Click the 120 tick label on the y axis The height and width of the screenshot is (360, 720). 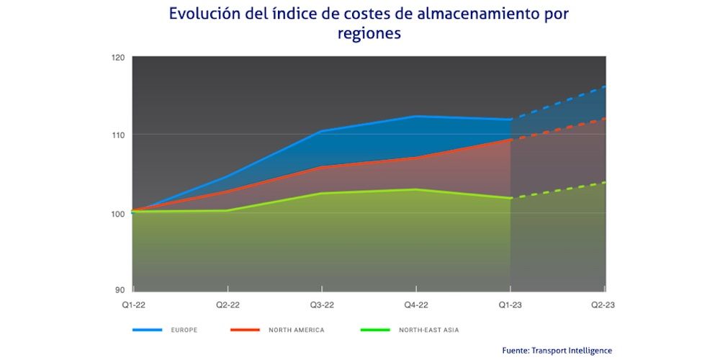[x=118, y=57]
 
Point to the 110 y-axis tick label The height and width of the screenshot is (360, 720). [x=118, y=135]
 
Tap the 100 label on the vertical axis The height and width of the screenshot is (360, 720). [x=118, y=214]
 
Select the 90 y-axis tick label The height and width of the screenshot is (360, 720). [x=120, y=290]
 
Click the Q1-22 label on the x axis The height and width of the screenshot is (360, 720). [x=132, y=305]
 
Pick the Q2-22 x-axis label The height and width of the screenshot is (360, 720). [x=227, y=305]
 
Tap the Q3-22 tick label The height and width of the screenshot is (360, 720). [x=321, y=305]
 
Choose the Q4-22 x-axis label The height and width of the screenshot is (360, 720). [x=416, y=305]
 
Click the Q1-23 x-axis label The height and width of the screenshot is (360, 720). [x=510, y=305]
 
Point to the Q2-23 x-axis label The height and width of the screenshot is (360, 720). [x=603, y=305]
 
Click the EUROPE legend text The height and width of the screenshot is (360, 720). [x=184, y=330]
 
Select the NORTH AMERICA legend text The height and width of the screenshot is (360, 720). [x=296, y=330]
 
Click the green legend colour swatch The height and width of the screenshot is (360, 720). [x=373, y=330]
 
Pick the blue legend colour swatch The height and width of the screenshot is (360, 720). [x=147, y=330]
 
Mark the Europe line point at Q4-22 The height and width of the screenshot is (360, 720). [x=416, y=116]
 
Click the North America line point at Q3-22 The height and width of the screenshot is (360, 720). [x=321, y=167]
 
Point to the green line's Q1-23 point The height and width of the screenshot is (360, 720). [x=510, y=198]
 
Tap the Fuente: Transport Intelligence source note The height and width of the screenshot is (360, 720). [x=557, y=350]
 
